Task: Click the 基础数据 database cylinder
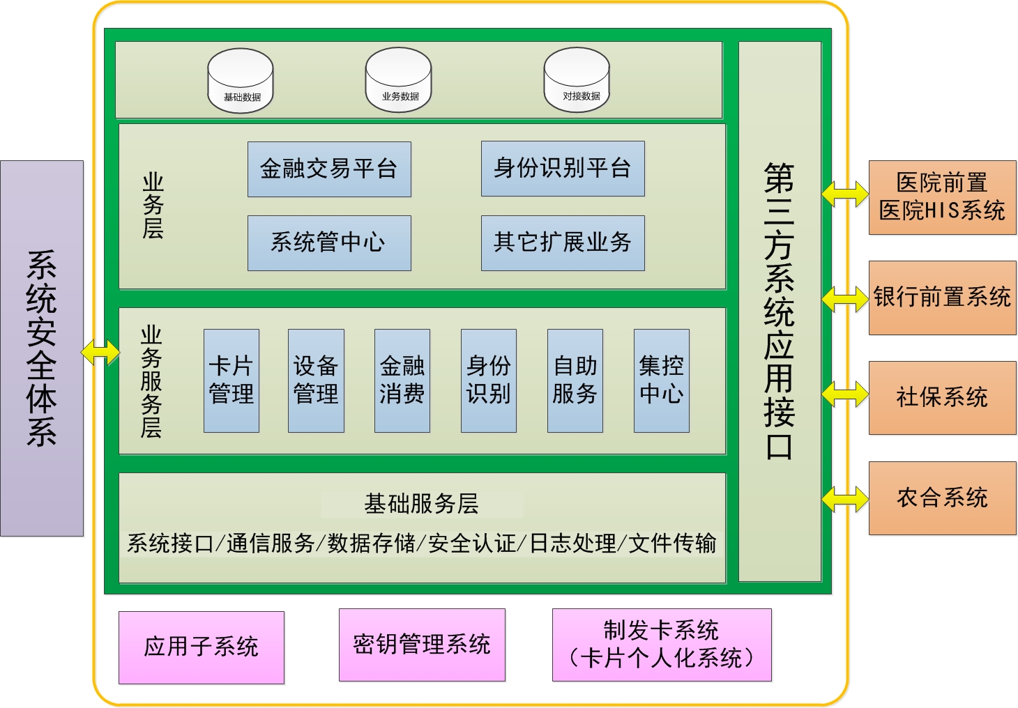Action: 241,80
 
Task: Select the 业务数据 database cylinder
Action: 399,80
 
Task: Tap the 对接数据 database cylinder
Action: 577,80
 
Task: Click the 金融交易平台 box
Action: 330,169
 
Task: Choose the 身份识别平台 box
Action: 563,169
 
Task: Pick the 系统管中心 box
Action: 330,243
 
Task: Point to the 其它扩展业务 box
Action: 563,243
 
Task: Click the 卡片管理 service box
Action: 231,380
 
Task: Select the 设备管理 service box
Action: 316,380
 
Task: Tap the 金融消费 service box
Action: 402,380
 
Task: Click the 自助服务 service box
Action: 575,380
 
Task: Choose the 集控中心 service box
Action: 662,380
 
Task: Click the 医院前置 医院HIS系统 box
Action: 943,197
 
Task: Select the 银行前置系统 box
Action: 943,298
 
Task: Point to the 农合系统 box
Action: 943,498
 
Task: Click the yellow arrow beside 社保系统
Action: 845,394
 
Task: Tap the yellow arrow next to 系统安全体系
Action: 100,352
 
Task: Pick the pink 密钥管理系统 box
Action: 423,645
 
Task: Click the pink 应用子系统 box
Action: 202,647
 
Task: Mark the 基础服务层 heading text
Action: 421,504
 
